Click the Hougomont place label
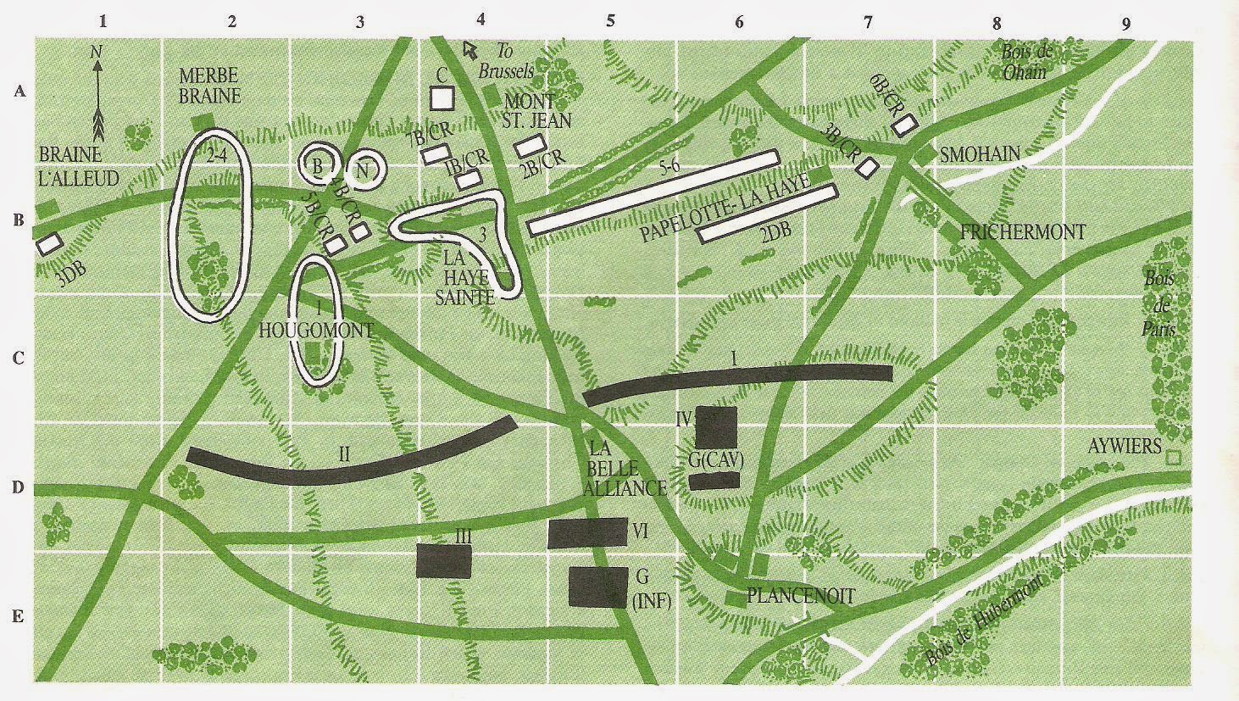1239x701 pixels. [x=316, y=331]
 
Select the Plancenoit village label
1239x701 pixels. [x=800, y=596]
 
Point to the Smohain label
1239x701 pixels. [x=979, y=153]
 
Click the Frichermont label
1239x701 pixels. [x=1023, y=231]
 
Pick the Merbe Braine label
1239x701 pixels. [x=209, y=85]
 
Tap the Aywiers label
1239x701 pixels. [x=1124, y=445]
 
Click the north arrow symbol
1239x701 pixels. [x=98, y=93]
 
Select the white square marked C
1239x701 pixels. [x=442, y=97]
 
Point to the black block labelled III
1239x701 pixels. [x=443, y=561]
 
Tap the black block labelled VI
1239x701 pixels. [x=587, y=533]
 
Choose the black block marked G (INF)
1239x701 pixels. [x=597, y=587]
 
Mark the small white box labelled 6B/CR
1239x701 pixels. [x=904, y=125]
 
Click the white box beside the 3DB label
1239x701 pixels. [x=49, y=244]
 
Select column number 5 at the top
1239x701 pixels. [x=609, y=22]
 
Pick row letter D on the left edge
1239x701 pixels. [x=17, y=489]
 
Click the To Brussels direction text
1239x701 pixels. [x=505, y=62]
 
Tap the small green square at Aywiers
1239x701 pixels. [x=1173, y=458]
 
